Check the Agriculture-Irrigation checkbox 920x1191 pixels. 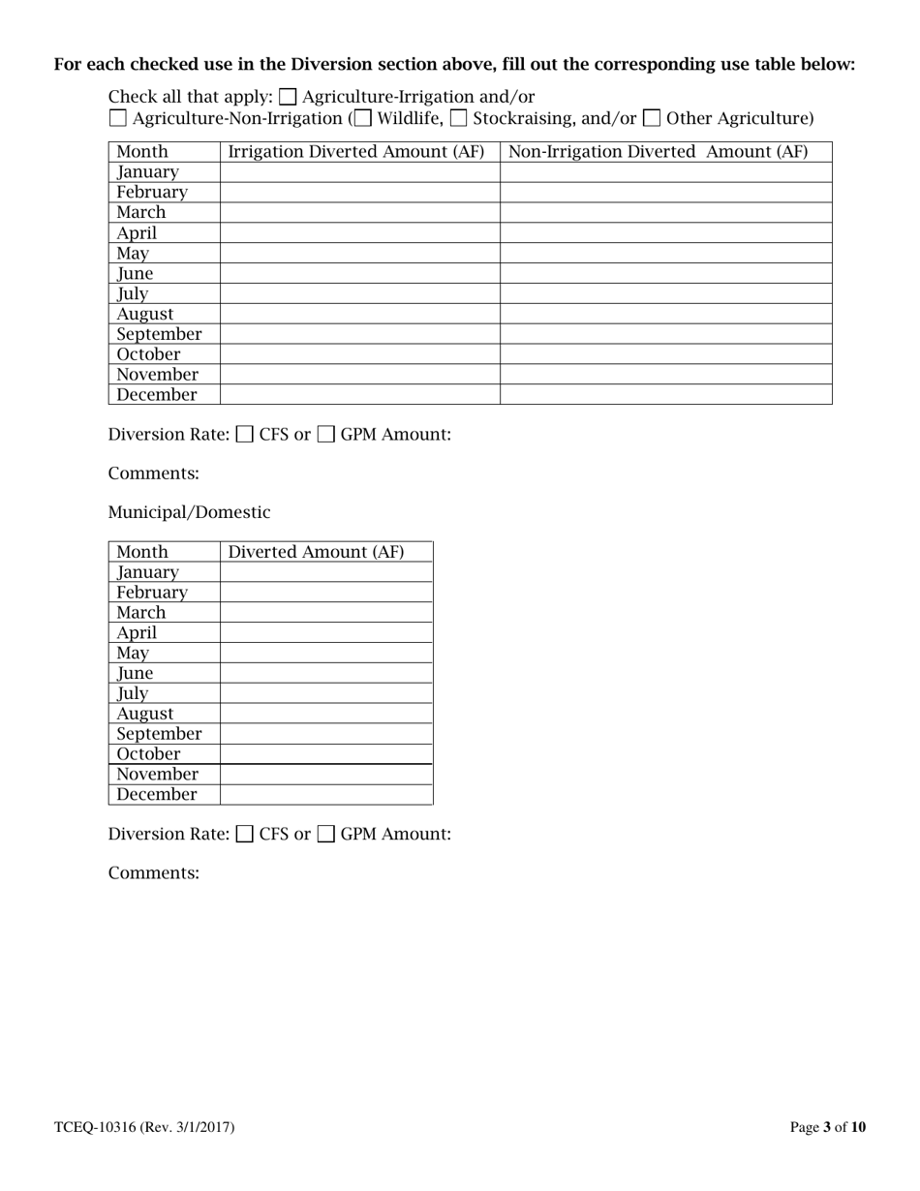coord(289,97)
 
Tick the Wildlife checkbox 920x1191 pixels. coord(363,119)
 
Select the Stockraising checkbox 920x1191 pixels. coord(459,119)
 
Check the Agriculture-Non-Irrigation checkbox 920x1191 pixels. coord(117,119)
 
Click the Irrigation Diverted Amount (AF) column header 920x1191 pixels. coord(359,152)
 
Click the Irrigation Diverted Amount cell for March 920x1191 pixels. coord(359,212)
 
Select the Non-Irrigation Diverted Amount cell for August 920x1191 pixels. coord(665,314)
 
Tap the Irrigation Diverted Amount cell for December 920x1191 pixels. coord(359,394)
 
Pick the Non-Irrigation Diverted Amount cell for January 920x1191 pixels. coord(665,172)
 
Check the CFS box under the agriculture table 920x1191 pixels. coord(246,435)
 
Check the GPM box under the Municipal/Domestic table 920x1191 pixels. coord(327,834)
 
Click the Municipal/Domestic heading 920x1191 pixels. coord(189,512)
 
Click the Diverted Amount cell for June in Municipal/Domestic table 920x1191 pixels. coord(325,673)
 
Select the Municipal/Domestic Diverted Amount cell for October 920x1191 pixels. coord(325,753)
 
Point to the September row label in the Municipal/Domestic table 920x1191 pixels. coord(159,733)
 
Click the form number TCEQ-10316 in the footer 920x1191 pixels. coord(143,1127)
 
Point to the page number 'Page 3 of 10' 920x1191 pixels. coord(828,1127)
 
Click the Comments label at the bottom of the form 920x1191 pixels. coord(153,872)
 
